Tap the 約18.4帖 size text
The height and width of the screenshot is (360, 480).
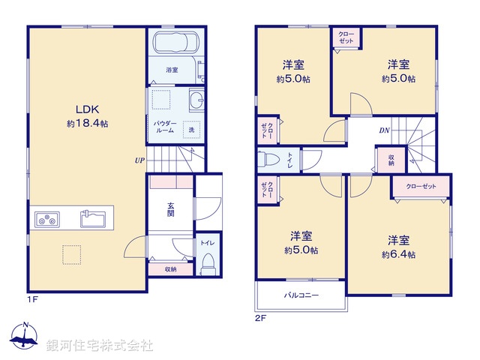(87, 123)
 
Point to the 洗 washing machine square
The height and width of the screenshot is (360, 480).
(192, 129)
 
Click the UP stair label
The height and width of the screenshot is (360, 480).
(139, 160)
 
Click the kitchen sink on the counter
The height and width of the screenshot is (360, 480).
(94, 220)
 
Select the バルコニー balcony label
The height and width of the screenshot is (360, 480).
(301, 295)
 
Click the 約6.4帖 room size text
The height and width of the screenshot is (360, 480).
(398, 254)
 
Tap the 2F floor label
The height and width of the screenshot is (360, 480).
(259, 317)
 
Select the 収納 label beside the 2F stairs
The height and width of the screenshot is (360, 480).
(391, 160)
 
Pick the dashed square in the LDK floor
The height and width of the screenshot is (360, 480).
(72, 255)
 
